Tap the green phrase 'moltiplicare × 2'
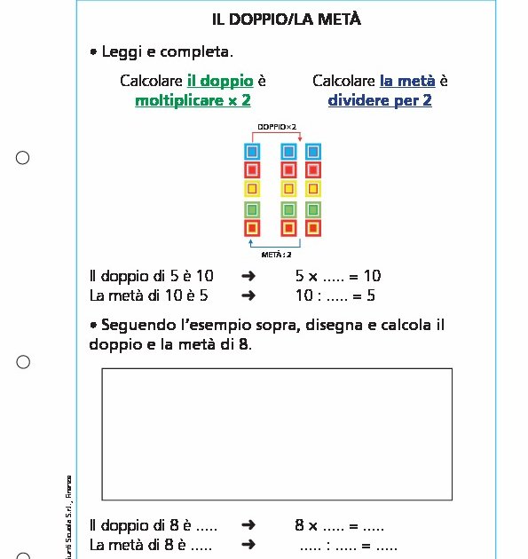[x=193, y=100]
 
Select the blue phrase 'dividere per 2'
[x=380, y=100]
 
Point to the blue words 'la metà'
[x=408, y=81]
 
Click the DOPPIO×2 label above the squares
[x=277, y=127]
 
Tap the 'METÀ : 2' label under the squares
[x=277, y=254]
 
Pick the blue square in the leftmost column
[x=252, y=152]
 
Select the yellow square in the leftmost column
[x=252, y=189]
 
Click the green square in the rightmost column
[x=312, y=209]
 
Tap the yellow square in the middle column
[x=288, y=189]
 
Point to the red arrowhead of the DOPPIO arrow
[x=301, y=138]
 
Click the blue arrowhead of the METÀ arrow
[x=252, y=241]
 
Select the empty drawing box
[x=277, y=434]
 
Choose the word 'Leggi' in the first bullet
[x=122, y=52]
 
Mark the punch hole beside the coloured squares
[x=23, y=158]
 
